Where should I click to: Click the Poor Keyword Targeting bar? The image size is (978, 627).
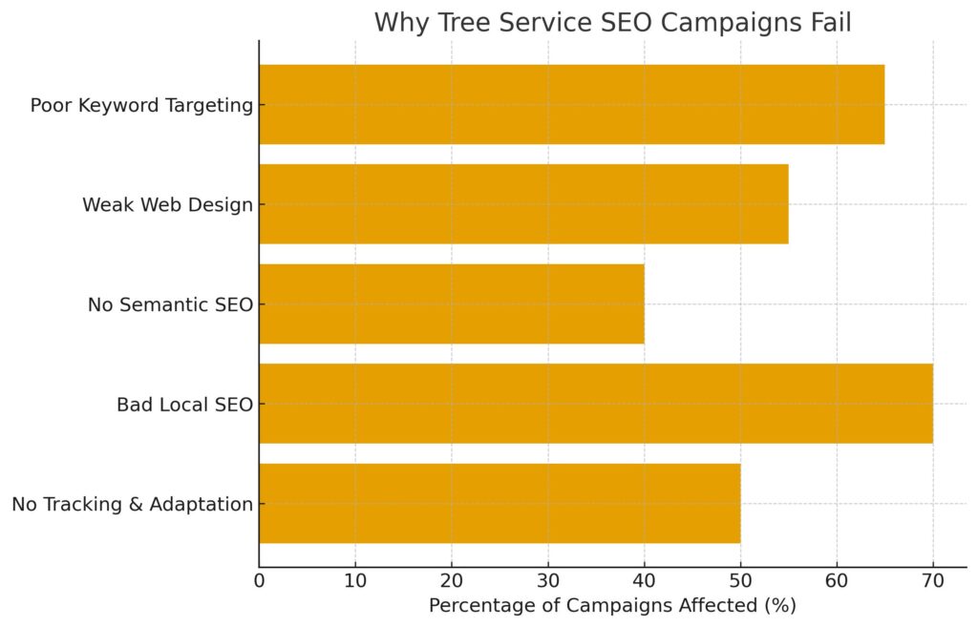click(571, 104)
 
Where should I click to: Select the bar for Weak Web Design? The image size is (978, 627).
click(523, 204)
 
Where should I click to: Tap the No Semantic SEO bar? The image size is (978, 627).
click(451, 303)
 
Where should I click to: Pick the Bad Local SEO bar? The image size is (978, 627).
click(595, 404)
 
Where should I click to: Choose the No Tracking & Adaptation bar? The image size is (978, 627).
click(499, 503)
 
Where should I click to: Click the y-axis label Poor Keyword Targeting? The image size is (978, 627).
click(141, 105)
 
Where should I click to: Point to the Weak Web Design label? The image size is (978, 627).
click(167, 204)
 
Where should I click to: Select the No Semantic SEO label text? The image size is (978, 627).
click(170, 304)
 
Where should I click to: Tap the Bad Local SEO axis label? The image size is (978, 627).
click(184, 405)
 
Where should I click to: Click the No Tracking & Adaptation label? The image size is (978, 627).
click(132, 504)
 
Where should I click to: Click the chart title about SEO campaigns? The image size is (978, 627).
click(612, 22)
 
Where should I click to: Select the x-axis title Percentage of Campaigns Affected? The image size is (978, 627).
click(612, 606)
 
